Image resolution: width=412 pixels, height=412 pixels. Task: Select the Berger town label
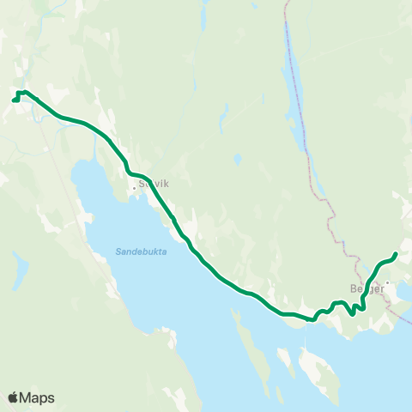point(366,289)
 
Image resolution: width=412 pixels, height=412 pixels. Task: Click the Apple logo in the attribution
point(13,397)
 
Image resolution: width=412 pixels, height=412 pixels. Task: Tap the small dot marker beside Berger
point(387,282)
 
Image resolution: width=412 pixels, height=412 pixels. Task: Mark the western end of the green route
point(14,100)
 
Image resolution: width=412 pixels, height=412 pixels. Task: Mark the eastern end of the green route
point(395,253)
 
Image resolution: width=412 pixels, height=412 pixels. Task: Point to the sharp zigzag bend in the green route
point(359,307)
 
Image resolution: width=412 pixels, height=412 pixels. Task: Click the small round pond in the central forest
point(237,160)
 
